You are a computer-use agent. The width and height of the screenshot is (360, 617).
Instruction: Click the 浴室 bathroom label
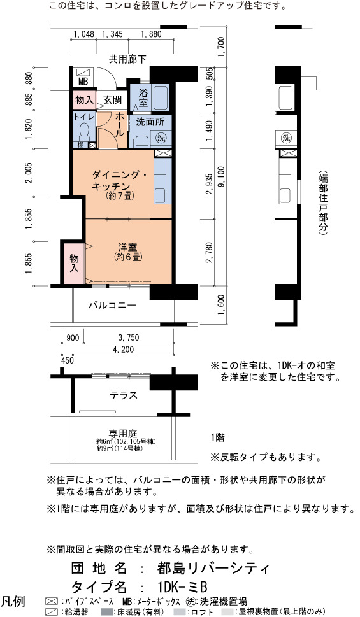143,98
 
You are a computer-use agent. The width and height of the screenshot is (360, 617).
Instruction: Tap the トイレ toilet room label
84,117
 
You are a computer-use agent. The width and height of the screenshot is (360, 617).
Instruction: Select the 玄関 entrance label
112,99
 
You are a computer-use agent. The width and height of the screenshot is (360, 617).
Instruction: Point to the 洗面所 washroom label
150,122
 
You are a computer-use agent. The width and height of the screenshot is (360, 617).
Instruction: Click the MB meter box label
83,82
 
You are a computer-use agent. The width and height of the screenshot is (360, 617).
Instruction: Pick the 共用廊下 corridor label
127,59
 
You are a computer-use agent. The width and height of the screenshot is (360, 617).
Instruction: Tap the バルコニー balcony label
112,305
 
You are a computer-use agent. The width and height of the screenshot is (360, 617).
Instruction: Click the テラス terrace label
124,395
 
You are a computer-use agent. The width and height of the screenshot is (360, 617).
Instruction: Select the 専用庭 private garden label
123,433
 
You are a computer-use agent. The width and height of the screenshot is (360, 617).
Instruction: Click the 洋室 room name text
128,247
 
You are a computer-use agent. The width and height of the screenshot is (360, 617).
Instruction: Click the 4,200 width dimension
123,350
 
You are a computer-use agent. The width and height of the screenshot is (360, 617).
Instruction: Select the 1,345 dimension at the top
112,34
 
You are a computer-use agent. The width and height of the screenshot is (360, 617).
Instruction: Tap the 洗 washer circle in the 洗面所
161,138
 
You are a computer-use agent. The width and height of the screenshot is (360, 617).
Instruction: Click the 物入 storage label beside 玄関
84,100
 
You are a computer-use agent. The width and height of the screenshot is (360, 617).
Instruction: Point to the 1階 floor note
218,437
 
